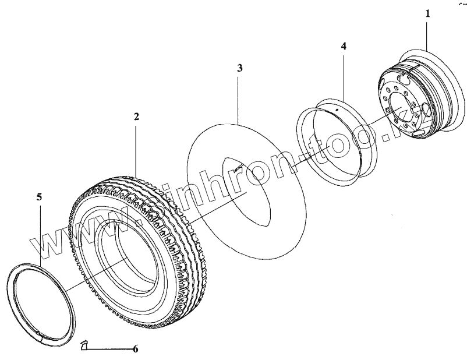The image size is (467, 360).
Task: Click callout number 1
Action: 427,12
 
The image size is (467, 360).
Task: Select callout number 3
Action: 239,68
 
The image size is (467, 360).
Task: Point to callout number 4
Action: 344,45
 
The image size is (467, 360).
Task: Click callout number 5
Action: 40,197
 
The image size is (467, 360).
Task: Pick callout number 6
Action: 135,350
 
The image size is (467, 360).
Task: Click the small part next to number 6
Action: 84,347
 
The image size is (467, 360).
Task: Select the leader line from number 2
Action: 136,146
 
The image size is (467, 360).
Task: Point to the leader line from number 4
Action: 344,76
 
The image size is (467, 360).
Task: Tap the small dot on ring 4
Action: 338,109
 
